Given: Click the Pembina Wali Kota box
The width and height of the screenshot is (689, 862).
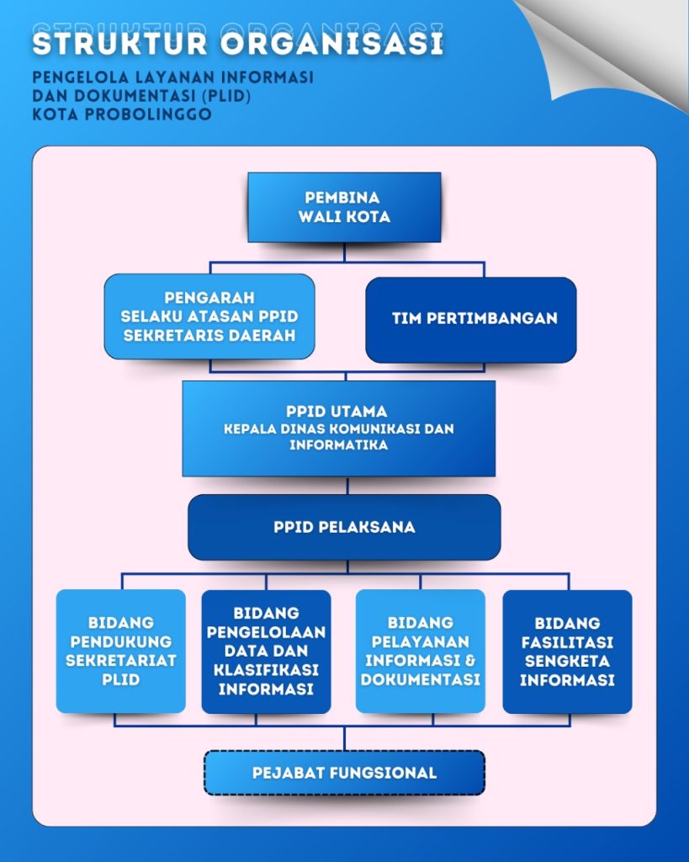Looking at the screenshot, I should coord(344,207).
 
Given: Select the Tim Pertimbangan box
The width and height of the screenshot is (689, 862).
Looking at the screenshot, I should coord(471,319).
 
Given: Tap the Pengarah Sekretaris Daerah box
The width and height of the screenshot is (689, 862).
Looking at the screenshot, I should coord(209,317).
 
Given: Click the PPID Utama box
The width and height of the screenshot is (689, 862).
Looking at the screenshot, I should coord(338,428).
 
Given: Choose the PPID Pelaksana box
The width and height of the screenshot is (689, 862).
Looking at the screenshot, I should coord(344,527).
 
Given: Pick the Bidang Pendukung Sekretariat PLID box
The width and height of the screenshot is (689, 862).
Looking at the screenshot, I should coord(121,651).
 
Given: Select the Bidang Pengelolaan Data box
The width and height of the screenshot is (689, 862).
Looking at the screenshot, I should coord(266,651).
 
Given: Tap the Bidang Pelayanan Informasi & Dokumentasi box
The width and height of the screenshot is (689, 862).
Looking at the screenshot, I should coord(421,651).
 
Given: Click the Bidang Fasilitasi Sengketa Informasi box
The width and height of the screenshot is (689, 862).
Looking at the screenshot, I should coord(567,651).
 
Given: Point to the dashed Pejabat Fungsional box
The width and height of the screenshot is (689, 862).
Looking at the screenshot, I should coord(344,773).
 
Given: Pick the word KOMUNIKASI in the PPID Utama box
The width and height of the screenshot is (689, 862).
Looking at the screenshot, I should coord(367,428).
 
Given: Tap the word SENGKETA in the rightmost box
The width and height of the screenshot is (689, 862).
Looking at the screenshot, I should coord(567,661).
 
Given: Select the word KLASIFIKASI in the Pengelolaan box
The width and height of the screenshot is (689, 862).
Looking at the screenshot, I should coord(266,670).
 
